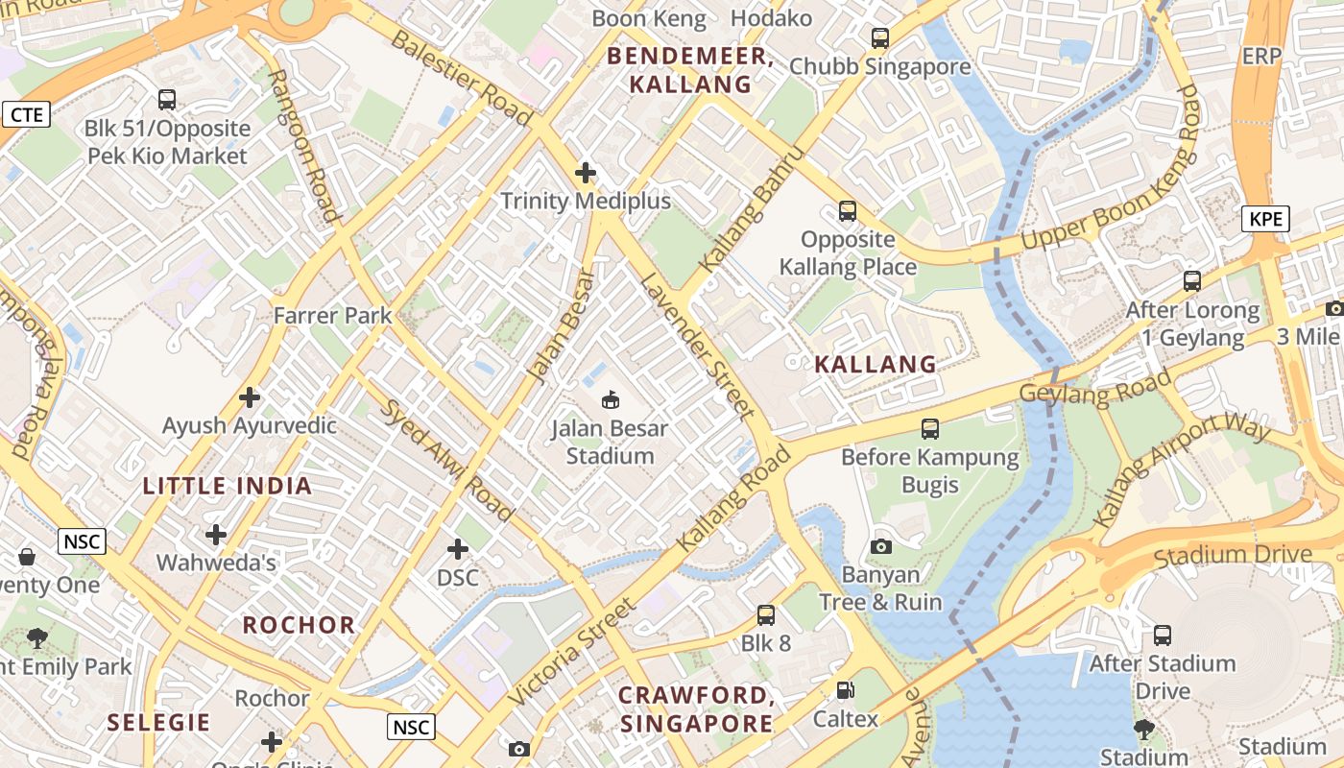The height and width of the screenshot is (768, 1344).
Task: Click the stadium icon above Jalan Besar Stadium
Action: coord(610,398)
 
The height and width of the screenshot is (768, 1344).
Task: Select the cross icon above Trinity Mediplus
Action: coord(585,173)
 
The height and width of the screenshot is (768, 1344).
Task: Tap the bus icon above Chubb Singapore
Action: coord(879,38)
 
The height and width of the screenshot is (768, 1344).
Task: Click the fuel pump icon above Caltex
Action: coord(845,690)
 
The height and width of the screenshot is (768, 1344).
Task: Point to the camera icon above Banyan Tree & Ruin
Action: coord(880,546)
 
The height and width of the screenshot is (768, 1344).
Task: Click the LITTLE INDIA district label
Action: coord(228,486)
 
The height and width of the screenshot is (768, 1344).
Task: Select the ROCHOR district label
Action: coord(299,625)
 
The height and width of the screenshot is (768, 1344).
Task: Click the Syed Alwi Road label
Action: coord(448,460)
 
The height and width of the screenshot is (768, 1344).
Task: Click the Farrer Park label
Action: coord(332,315)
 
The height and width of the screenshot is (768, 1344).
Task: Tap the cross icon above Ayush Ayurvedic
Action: coord(250,396)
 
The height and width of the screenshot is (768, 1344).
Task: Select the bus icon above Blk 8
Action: coord(765,614)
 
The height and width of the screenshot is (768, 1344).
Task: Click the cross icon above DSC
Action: coord(458,549)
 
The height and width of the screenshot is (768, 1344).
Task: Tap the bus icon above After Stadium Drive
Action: coord(1162,635)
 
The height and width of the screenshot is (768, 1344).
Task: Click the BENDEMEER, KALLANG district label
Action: coord(691,70)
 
